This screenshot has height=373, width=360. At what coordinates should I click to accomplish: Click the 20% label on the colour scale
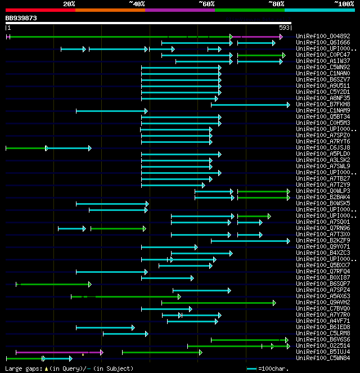pos(69,3)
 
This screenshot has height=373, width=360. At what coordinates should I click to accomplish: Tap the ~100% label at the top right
pos(344,3)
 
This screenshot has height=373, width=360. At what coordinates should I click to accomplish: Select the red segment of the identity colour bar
pos(40,10)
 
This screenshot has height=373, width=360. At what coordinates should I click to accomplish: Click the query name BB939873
pos(21,18)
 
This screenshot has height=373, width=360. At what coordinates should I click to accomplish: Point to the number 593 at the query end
pos(284,27)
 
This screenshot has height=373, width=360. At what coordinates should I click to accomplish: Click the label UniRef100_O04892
pos(323,37)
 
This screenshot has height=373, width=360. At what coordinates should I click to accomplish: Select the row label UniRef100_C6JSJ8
pos(323,148)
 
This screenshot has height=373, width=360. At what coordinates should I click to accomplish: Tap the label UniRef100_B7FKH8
pos(323,105)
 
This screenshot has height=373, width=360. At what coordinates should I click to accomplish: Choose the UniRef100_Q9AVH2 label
pos(323,303)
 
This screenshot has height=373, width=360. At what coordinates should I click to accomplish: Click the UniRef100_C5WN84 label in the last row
pos(323,358)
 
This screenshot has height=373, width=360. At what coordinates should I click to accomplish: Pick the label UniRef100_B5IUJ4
pos(323,352)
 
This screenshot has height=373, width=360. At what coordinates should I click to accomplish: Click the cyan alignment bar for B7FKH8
pos(250,105)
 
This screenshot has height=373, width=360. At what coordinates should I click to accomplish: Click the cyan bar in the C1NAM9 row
pos(111,111)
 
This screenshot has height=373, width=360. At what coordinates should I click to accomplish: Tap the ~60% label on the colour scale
pos(206,3)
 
